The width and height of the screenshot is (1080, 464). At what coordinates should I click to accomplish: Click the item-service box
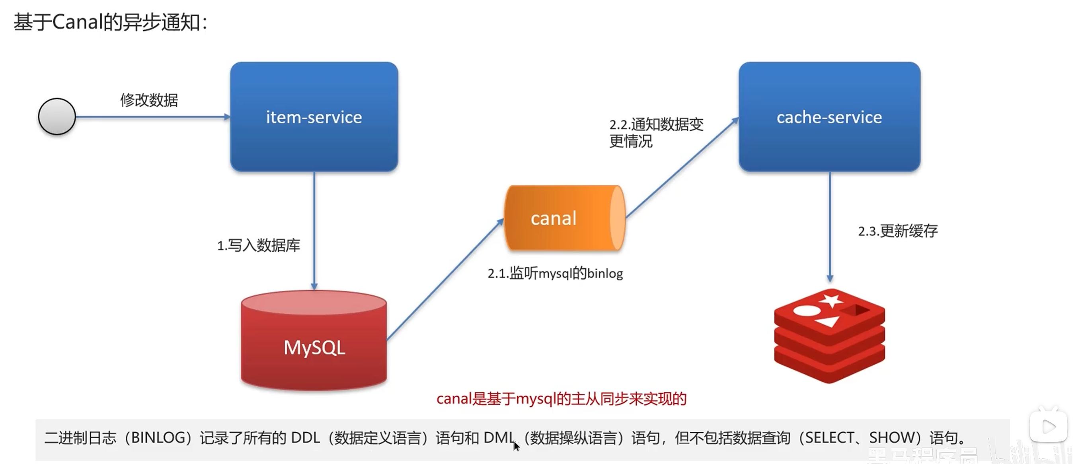click(x=314, y=117)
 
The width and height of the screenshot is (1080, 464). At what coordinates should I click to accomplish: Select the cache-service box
click(x=829, y=117)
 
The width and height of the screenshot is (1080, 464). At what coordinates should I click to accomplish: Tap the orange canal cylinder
click(x=564, y=218)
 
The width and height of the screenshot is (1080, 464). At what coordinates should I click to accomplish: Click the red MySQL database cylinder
click(x=314, y=341)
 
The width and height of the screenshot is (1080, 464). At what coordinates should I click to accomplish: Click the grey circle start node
click(x=57, y=116)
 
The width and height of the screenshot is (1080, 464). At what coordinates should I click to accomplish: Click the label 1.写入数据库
click(x=259, y=245)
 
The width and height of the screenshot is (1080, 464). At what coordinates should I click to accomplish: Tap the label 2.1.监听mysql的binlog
click(x=555, y=274)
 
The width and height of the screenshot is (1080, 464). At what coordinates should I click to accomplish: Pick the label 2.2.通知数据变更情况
click(x=656, y=133)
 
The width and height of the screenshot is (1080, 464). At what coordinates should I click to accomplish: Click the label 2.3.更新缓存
click(x=898, y=231)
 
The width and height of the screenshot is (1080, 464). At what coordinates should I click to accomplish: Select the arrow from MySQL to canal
click(x=444, y=278)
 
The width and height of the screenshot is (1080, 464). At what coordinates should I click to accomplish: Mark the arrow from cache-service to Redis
click(x=830, y=226)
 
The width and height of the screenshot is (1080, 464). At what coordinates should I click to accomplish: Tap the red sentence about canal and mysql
click(x=561, y=399)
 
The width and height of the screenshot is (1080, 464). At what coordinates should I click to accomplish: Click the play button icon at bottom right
click(x=1048, y=427)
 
